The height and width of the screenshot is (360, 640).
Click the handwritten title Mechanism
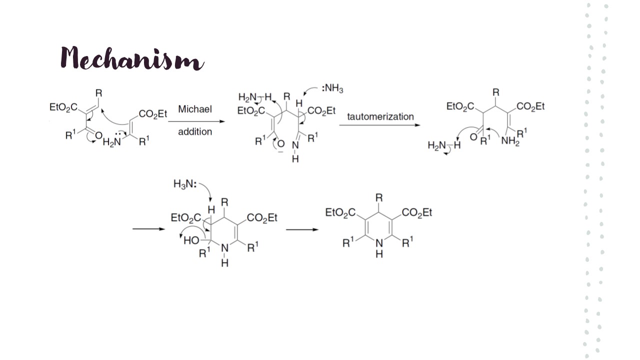pos(132,58)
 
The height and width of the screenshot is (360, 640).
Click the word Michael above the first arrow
pos(195,109)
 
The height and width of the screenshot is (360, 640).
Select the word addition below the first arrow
pos(195,132)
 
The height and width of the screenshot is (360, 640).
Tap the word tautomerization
pos(380,116)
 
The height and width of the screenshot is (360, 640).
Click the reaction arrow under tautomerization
pos(380,125)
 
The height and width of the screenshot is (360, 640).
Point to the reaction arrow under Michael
pos(196,121)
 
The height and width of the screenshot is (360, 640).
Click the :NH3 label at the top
pos(332,89)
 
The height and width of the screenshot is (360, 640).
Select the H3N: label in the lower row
pos(184,184)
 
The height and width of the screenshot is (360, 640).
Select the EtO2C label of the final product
pos(340,213)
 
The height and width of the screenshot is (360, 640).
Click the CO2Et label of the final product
pos(416,213)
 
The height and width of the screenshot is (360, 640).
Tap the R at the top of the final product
pos(379,198)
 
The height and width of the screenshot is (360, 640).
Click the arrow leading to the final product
pos(301,229)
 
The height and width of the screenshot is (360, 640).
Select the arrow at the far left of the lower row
pos(148,229)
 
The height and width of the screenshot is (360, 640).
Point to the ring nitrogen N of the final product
pos(379,243)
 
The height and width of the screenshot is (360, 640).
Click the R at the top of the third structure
pos(495,93)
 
